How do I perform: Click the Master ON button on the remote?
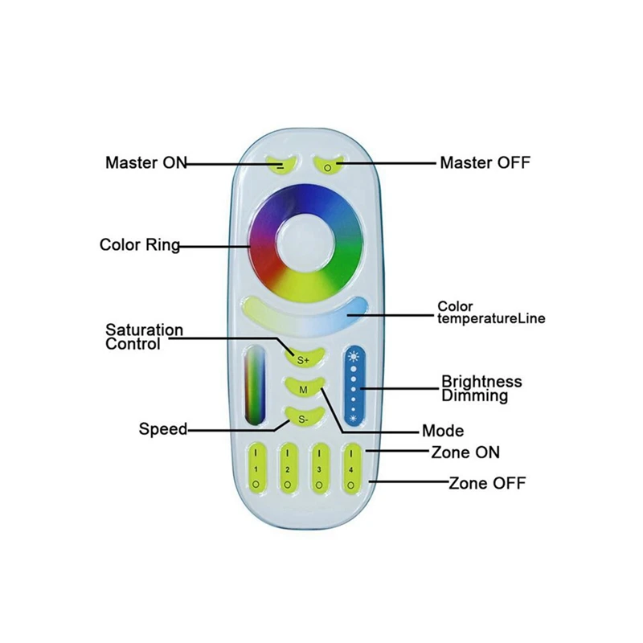(281, 164)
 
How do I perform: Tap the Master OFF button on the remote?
(328, 164)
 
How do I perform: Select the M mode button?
(304, 388)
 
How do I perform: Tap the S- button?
(303, 418)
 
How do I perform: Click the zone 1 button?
(256, 469)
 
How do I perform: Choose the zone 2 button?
(288, 469)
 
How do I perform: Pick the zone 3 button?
(319, 469)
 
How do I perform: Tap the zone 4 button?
(351, 469)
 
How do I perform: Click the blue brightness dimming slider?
(354, 387)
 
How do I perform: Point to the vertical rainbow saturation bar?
(255, 387)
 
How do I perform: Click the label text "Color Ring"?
(140, 245)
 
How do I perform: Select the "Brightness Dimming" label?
(481, 388)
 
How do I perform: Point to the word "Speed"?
(163, 429)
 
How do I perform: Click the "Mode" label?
(443, 431)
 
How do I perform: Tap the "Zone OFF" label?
(487, 483)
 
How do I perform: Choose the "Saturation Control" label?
(145, 337)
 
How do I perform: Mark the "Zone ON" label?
(465, 453)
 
